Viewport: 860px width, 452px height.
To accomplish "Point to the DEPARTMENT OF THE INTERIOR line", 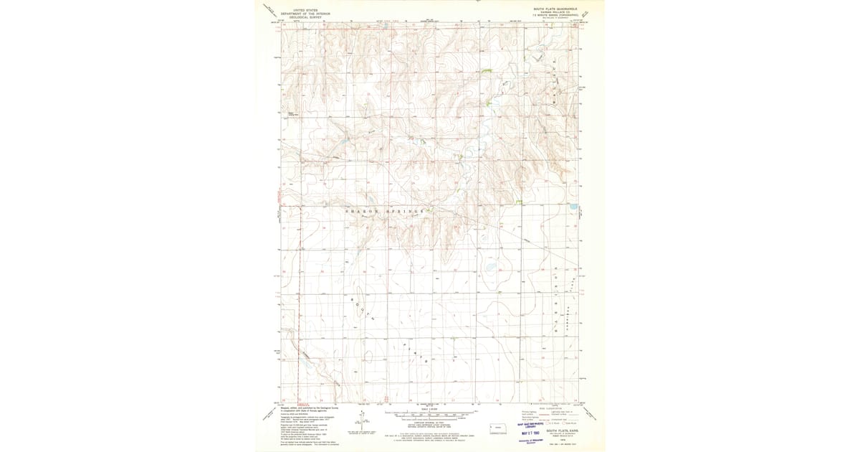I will click(x=301, y=14).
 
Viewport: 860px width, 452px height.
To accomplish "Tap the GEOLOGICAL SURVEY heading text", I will click(x=301, y=17).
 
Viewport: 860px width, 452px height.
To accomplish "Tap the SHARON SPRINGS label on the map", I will click(x=387, y=212).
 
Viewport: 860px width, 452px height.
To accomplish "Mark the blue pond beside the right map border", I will click(x=573, y=207).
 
